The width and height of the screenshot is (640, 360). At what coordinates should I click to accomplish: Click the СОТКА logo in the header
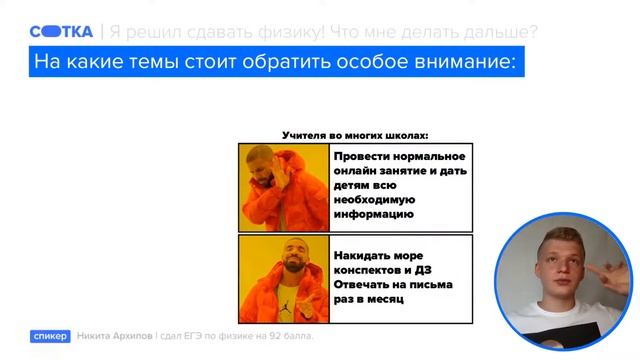click(62, 31)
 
